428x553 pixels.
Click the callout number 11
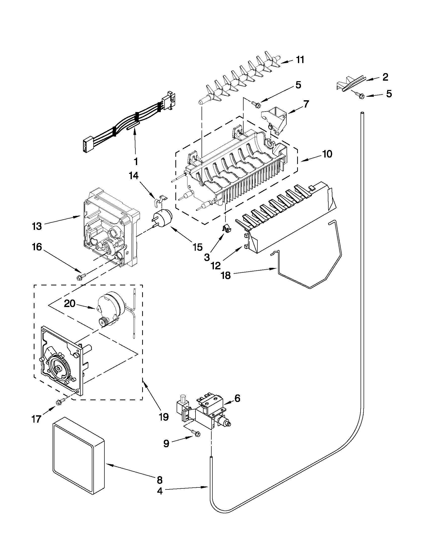[x=300, y=60]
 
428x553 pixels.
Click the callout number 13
[x=37, y=226]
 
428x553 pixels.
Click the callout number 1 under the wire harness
[x=136, y=161]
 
